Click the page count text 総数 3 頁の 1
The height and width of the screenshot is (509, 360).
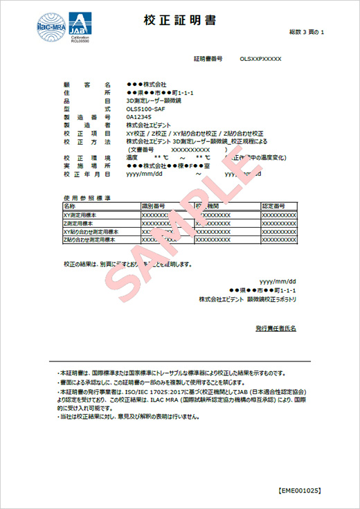[x=307, y=33]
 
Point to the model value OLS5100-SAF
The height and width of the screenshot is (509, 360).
[x=146, y=109]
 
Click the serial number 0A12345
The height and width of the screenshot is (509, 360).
[x=140, y=117]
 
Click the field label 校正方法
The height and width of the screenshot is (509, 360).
[x=86, y=141]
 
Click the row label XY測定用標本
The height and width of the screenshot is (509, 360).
[x=81, y=215]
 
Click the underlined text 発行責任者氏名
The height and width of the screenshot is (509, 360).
[x=276, y=328]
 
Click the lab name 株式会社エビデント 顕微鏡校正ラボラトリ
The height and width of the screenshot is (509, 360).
[x=247, y=298]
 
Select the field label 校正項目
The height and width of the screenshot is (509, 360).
[x=86, y=133]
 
